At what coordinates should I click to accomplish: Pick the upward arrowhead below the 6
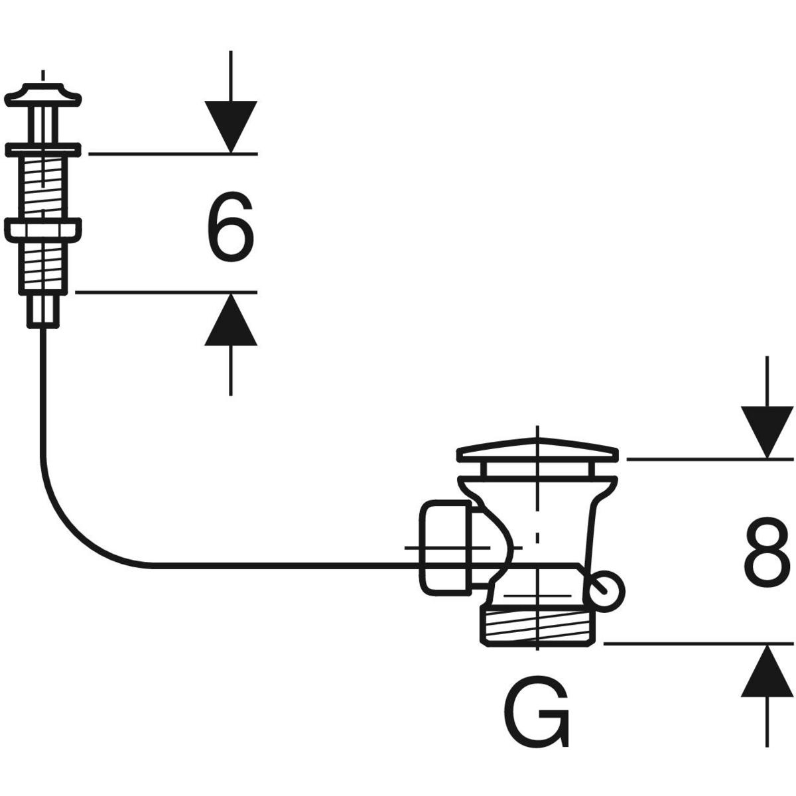[x=230, y=320]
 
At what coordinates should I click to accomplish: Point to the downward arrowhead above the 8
[x=767, y=432]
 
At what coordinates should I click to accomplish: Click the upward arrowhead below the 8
[x=767, y=671]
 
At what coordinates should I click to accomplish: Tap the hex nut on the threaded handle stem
[x=43, y=230]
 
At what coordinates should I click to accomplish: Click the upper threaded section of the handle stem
[x=43, y=186]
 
